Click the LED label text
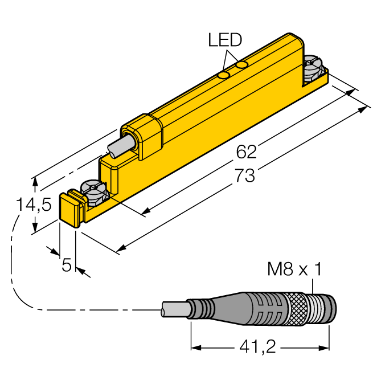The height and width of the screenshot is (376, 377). click(225, 40)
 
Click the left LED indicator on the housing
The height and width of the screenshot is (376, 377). click(224, 75)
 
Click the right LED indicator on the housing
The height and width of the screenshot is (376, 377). click(243, 66)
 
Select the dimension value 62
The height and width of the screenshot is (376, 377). click(247, 152)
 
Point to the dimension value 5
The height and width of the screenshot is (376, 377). click(67, 264)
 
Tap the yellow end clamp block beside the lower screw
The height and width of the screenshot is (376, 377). click(71, 209)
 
